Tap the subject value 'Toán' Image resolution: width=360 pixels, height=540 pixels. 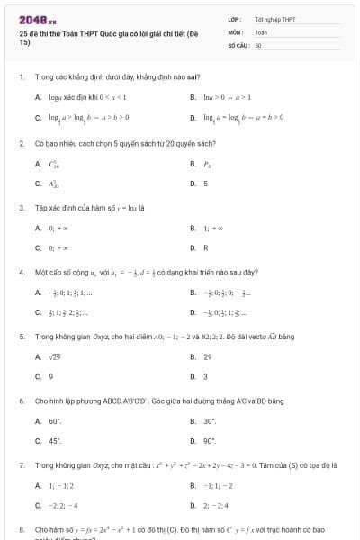(261, 31)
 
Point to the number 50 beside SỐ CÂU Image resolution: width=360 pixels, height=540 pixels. (258, 44)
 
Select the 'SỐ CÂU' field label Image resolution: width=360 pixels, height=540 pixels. (238, 44)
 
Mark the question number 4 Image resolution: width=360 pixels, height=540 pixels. (21, 271)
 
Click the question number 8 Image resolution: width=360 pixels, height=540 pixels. (21, 529)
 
